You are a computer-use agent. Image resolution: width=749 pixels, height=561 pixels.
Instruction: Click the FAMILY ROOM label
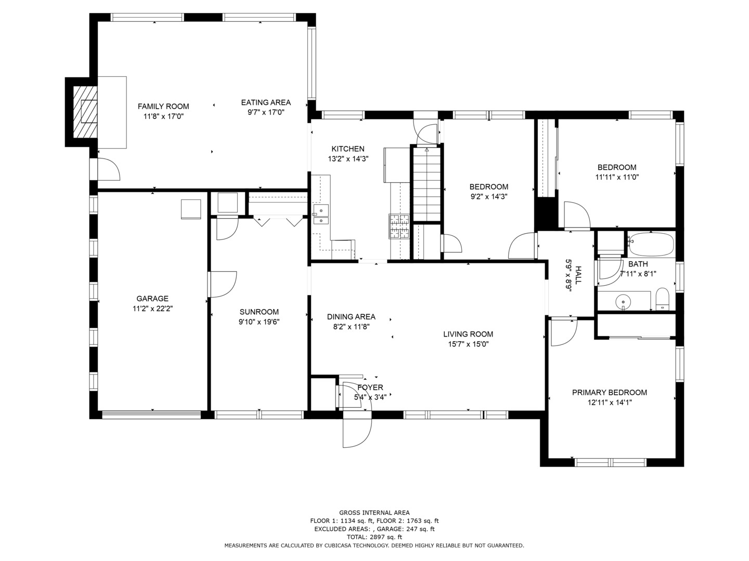163,106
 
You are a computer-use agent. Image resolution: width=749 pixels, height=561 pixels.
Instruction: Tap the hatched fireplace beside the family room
84,112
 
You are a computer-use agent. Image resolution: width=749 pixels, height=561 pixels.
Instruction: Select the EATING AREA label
266,102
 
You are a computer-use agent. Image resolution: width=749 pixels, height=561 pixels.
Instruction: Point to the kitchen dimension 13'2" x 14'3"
348,159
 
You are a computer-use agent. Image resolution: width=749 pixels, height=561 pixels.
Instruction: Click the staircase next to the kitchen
427,184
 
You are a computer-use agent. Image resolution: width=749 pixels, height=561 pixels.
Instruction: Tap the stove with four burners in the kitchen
399,227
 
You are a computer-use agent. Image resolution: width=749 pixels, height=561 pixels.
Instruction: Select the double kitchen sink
321,215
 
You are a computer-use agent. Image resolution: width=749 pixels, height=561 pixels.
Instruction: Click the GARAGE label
152,299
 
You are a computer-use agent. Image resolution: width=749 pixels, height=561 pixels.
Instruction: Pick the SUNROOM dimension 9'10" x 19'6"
259,322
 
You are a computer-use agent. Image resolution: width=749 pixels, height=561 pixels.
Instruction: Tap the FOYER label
370,388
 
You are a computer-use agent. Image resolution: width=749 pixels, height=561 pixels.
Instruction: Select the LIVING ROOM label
468,334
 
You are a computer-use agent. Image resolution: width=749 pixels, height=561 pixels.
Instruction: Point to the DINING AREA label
351,317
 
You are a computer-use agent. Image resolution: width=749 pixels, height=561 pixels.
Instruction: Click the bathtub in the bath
651,244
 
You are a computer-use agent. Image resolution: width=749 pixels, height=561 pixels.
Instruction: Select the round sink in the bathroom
623,301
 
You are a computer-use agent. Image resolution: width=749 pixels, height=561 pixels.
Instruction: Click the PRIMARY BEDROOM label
610,393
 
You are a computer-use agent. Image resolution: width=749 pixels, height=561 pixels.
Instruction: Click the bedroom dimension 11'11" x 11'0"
617,177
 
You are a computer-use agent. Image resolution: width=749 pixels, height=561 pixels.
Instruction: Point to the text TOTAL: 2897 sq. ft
374,537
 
